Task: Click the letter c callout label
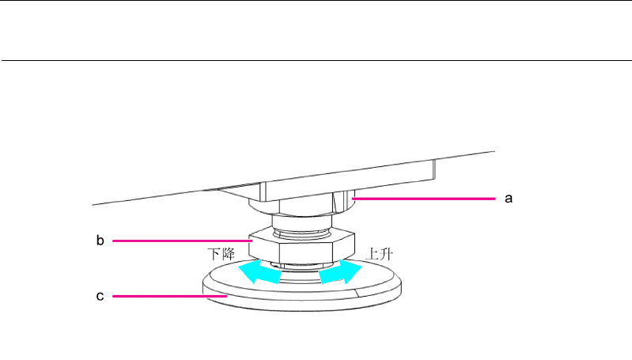[x=100, y=297]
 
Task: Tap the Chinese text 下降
[x=221, y=255]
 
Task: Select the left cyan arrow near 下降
[x=259, y=273]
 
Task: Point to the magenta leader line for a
[x=427, y=199]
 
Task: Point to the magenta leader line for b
[x=182, y=240]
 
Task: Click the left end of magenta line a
[x=354, y=199]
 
